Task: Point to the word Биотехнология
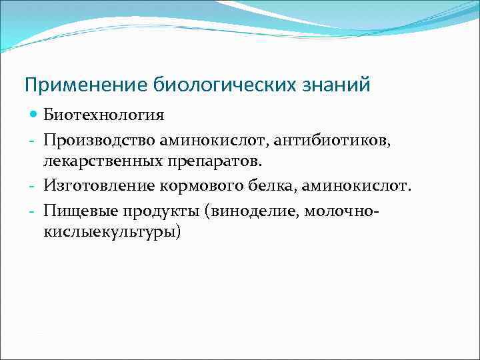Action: pos(104,115)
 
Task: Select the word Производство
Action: pos(99,140)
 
